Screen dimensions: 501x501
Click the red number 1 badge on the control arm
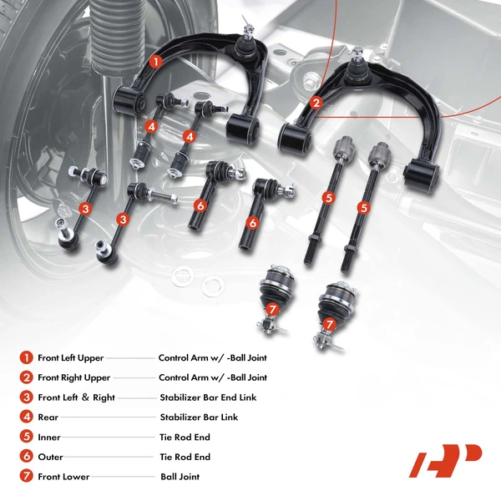(x=155, y=61)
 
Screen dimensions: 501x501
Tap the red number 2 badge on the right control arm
(x=316, y=104)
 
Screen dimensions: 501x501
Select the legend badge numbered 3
(x=27, y=397)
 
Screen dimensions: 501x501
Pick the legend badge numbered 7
(x=27, y=477)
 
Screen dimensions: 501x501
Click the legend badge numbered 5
(x=27, y=437)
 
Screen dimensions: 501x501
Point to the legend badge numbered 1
(x=27, y=357)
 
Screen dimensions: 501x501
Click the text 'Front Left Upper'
(x=71, y=358)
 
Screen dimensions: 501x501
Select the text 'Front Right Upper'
(x=73, y=378)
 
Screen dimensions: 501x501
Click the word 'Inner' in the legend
(x=50, y=438)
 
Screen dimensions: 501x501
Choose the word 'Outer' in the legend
(x=51, y=458)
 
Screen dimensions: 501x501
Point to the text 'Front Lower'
(x=63, y=478)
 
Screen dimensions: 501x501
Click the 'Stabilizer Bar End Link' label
(x=209, y=397)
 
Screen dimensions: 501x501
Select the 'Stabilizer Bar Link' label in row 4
(x=199, y=417)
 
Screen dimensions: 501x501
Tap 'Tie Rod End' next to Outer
(x=185, y=458)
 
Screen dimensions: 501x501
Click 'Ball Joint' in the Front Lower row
(x=180, y=478)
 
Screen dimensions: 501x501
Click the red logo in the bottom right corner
(x=445, y=460)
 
